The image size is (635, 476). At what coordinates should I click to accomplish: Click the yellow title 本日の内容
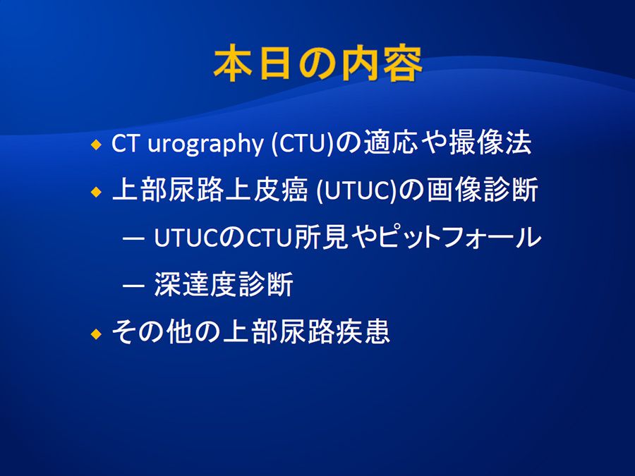coord(318,64)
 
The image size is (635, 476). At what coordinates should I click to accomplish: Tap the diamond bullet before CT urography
coord(97,144)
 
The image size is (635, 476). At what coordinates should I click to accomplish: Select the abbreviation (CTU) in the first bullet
coord(302,143)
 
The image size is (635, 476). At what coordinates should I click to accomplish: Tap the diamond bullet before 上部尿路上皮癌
coord(97,191)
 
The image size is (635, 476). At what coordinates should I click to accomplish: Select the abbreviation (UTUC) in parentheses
coord(356,190)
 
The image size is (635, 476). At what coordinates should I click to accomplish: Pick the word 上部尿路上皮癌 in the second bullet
coord(210,190)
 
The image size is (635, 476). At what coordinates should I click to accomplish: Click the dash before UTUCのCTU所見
coord(133,239)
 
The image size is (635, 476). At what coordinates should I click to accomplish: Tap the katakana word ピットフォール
coord(459,237)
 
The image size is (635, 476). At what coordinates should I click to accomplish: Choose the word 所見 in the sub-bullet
coord(321,237)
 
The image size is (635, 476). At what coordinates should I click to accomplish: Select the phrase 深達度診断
coord(224,285)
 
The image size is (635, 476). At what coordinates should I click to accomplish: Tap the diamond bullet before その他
coord(97,334)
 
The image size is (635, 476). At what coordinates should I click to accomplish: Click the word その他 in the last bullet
coord(152,332)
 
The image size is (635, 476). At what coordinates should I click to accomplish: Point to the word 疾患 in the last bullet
coord(363,332)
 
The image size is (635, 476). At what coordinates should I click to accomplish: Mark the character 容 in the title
coord(403,64)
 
